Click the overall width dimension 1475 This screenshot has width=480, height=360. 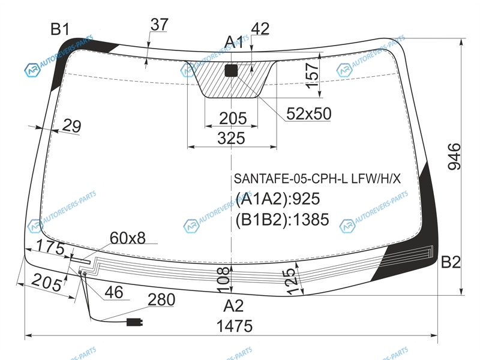click(235, 326)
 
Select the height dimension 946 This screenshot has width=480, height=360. click(454, 157)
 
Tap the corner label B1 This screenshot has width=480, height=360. click(60, 29)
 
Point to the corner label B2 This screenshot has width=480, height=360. click(451, 262)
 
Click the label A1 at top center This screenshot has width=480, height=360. click(234, 42)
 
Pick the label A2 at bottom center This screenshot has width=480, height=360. click(233, 306)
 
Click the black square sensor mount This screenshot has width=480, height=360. click(231, 70)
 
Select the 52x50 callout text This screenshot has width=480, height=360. click(309, 113)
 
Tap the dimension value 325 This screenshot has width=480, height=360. click(231, 138)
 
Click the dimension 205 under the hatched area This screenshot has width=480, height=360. click(233, 118)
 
